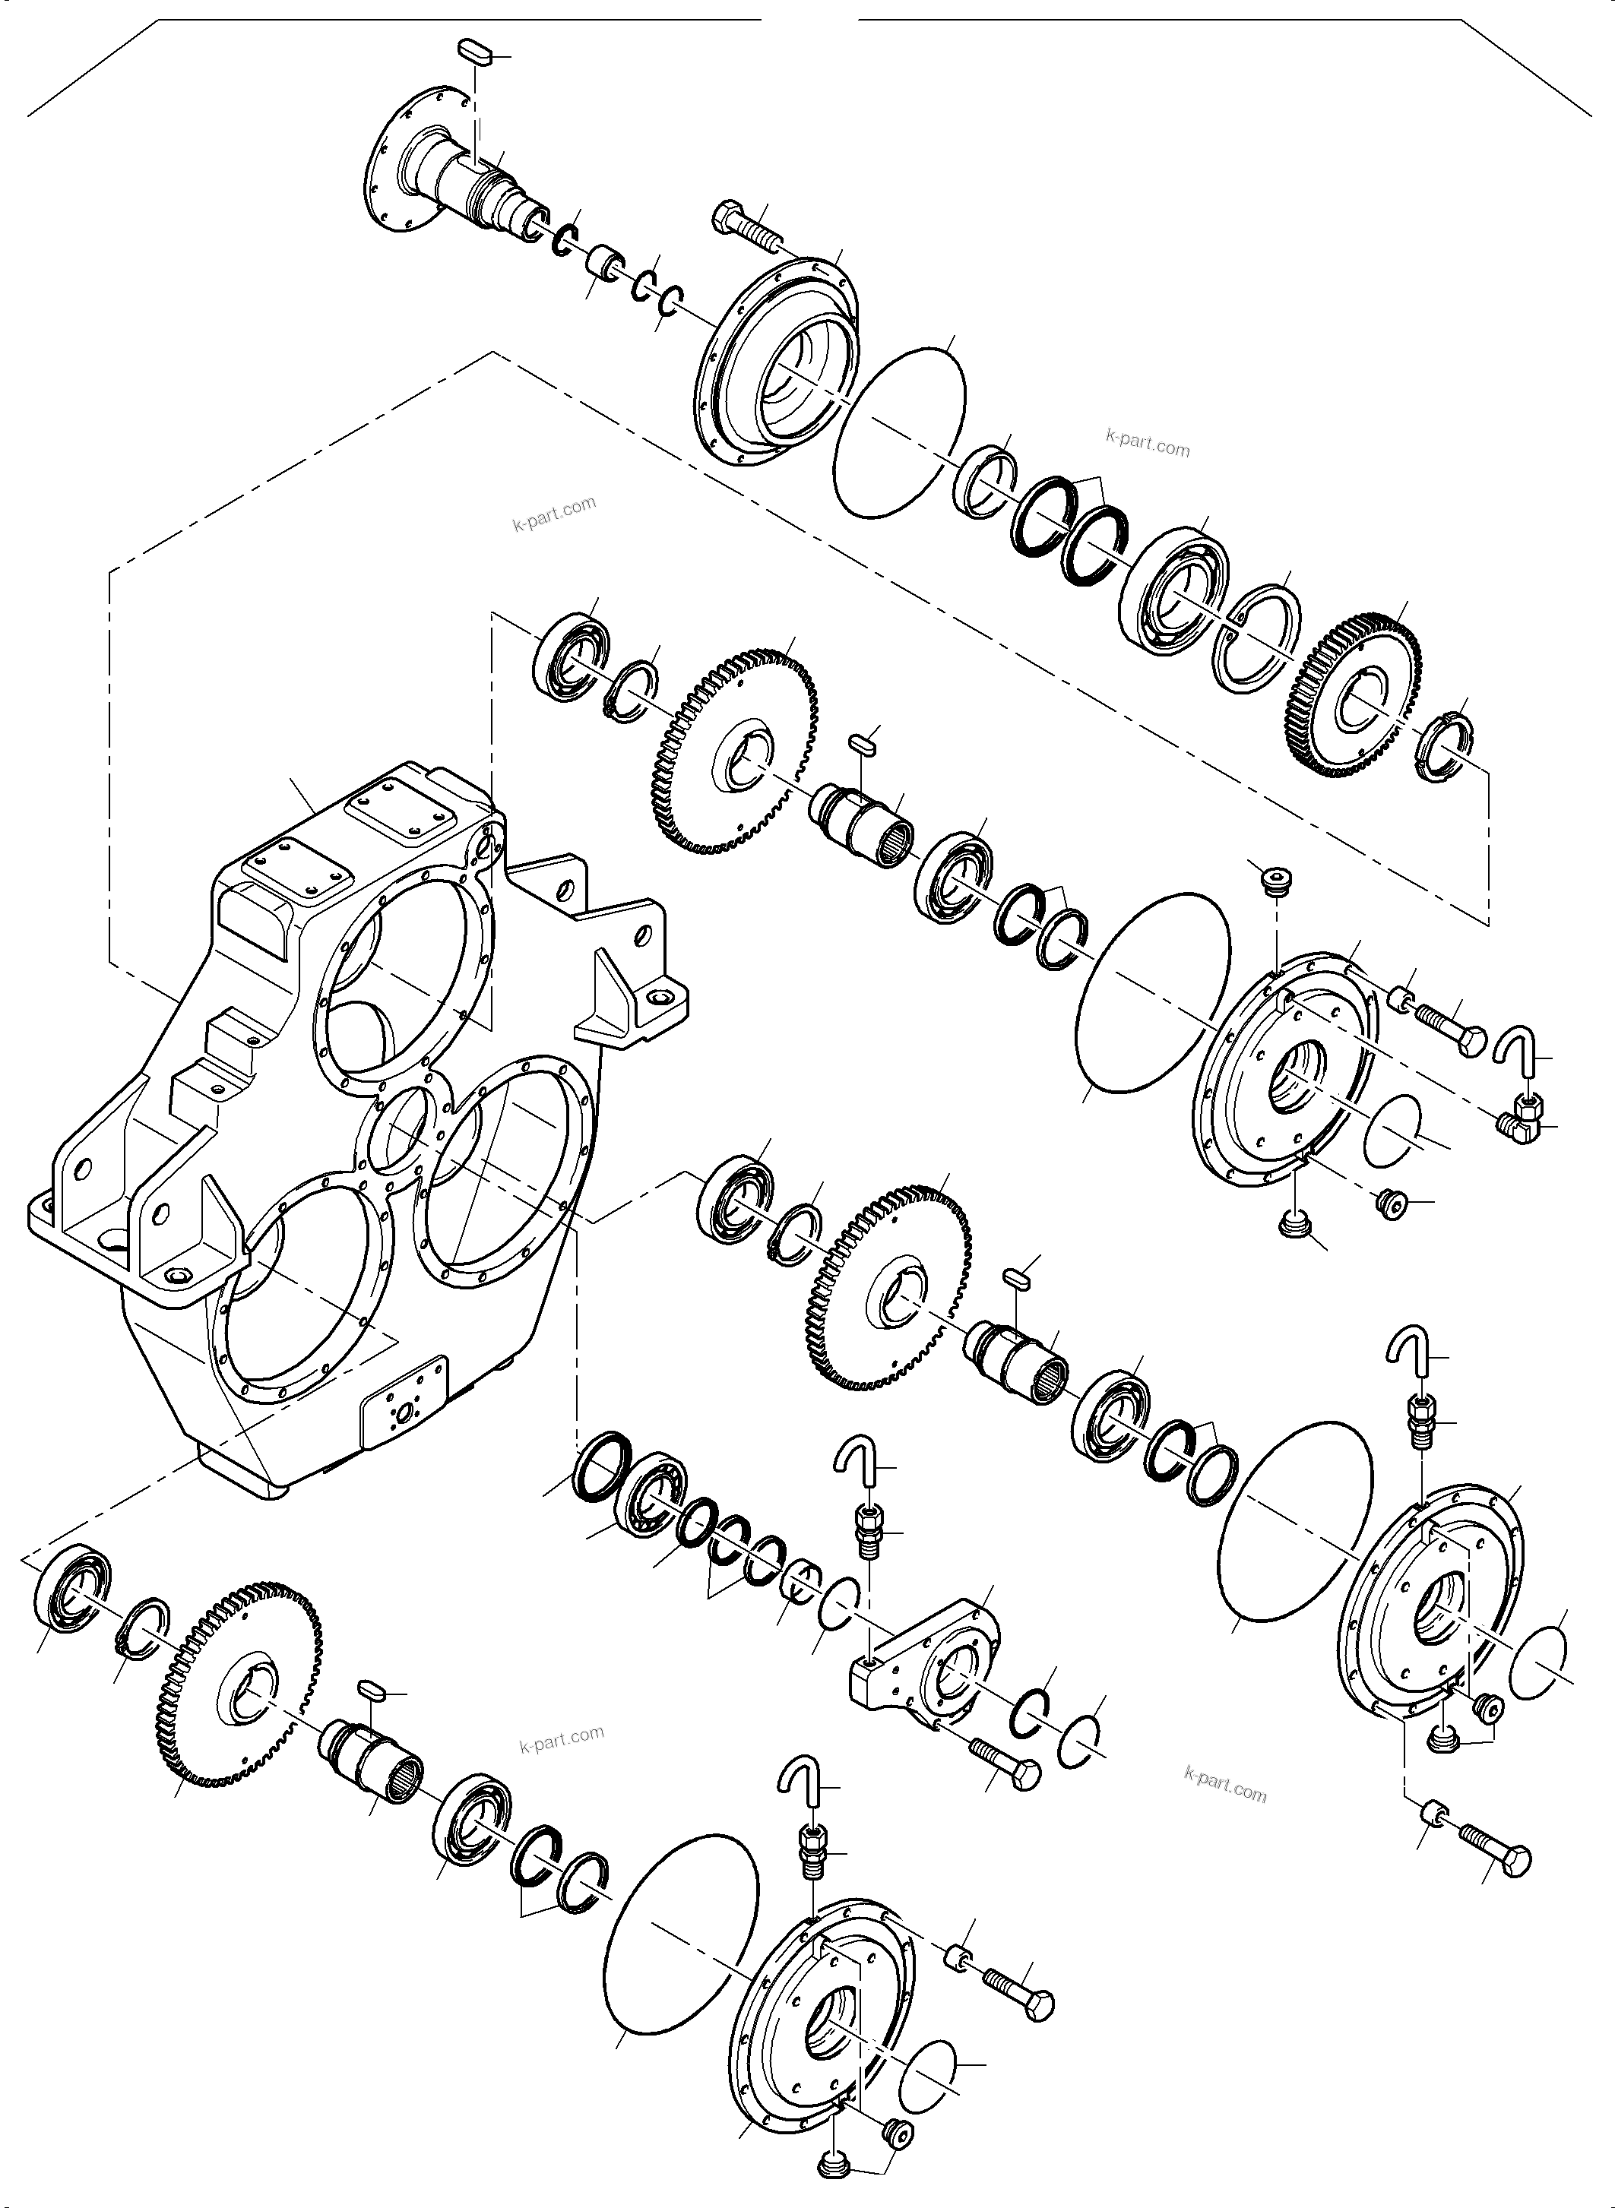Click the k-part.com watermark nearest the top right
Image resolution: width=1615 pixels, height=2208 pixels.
pyautogui.click(x=1148, y=444)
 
